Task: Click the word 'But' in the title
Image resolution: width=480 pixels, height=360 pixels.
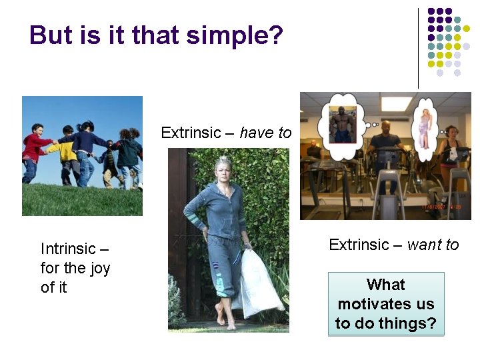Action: click(x=51, y=35)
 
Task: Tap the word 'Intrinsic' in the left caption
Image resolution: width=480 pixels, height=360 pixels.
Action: click(x=68, y=249)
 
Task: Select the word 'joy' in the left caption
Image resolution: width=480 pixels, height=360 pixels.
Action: click(x=97, y=268)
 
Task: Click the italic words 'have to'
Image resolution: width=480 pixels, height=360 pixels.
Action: click(x=265, y=133)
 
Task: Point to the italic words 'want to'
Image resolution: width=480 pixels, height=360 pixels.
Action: click(x=433, y=245)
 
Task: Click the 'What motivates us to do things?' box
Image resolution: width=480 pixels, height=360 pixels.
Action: click(x=385, y=304)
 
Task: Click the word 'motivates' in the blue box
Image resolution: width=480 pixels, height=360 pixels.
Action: click(x=385, y=304)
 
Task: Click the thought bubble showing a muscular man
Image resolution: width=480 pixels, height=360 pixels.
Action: click(x=343, y=125)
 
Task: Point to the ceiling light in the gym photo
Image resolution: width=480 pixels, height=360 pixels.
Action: click(x=396, y=104)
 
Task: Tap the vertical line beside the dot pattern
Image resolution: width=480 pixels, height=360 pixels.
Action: click(x=419, y=47)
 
